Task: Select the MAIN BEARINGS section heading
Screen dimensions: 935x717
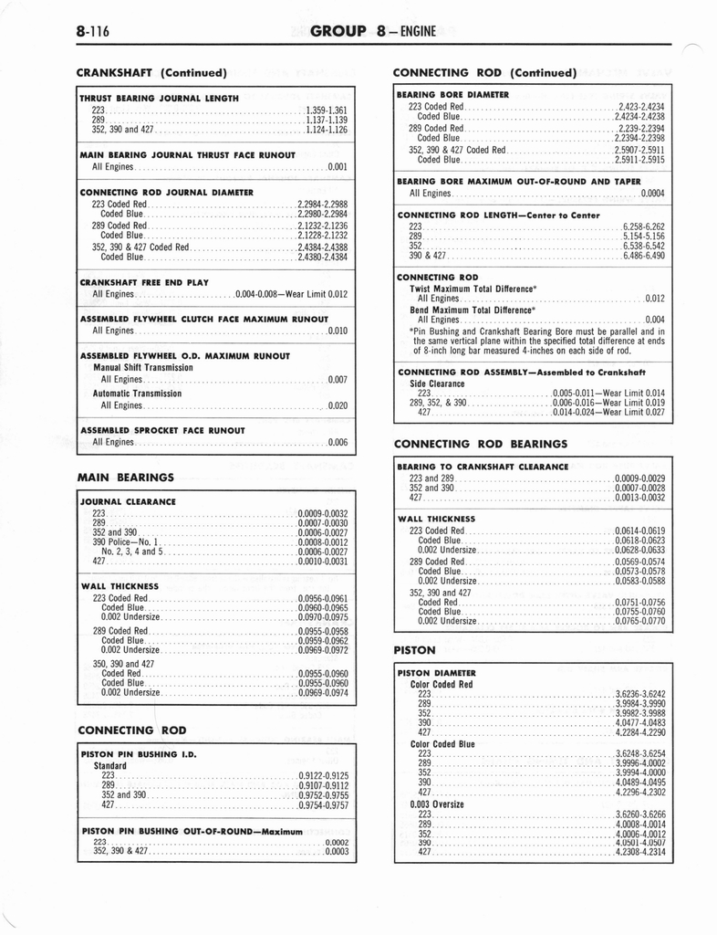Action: click(x=126, y=477)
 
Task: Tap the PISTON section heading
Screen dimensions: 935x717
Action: click(x=414, y=650)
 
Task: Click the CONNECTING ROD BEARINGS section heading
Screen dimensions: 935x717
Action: click(x=480, y=444)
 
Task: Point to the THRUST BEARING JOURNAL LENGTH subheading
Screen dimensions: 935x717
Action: click(x=159, y=98)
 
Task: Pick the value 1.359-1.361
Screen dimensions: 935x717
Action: click(x=326, y=110)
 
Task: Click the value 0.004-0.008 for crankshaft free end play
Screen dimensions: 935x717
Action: click(x=257, y=295)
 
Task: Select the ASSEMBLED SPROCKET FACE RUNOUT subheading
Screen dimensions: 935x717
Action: click(x=162, y=430)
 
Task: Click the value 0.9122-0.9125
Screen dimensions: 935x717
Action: click(x=323, y=775)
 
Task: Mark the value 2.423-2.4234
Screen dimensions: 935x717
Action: click(x=641, y=107)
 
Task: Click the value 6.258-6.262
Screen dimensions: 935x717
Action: click(x=644, y=226)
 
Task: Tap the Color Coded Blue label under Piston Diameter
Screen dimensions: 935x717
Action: click(x=442, y=744)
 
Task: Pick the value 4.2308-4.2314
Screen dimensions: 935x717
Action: click(x=640, y=852)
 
